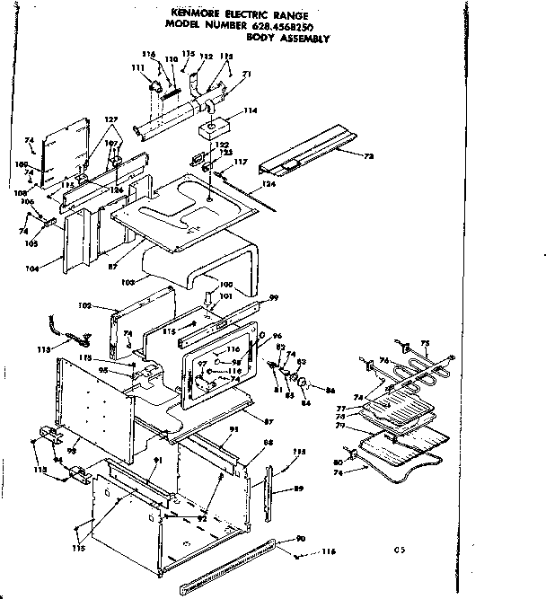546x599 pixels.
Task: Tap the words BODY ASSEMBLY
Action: click(291, 39)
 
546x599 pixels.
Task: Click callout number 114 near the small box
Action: click(250, 110)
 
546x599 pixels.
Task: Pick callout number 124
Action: click(266, 185)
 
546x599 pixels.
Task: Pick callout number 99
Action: click(275, 297)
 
